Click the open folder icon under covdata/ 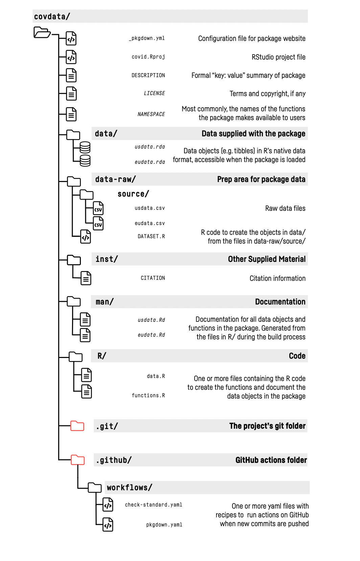pyautogui.click(x=42, y=32)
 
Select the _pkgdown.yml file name pyautogui.click(x=147, y=38)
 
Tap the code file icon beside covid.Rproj pyautogui.click(x=71, y=57)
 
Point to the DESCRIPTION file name pyautogui.click(x=148, y=75)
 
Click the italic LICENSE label pyautogui.click(x=154, y=93)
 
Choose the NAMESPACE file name pyautogui.click(x=151, y=114)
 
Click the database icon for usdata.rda pyautogui.click(x=85, y=147)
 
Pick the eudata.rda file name pyautogui.click(x=150, y=162)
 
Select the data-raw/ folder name pyautogui.click(x=115, y=179)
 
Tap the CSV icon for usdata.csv pyautogui.click(x=98, y=208)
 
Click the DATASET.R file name pyautogui.click(x=151, y=237)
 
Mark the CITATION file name pyautogui.click(x=153, y=278)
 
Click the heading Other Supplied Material pyautogui.click(x=267, y=259)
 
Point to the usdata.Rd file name pyautogui.click(x=151, y=320)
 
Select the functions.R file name pyautogui.click(x=148, y=396)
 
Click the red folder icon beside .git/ pyautogui.click(x=77, y=426)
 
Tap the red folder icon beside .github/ pyautogui.click(x=78, y=459)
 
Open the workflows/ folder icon pyautogui.click(x=95, y=487)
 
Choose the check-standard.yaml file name pyautogui.click(x=154, y=505)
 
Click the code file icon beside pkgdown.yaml pyautogui.click(x=108, y=524)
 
